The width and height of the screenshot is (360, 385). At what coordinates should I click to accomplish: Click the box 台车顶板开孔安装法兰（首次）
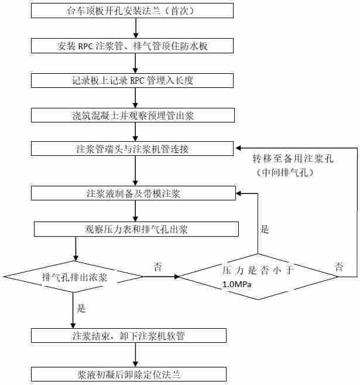pos(135,11)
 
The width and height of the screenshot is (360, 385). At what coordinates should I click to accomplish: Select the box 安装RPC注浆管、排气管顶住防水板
pos(135,46)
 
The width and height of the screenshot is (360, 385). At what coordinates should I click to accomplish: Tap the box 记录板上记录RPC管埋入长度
pos(135,80)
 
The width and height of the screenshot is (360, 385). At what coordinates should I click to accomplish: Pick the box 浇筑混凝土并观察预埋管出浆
pos(135,115)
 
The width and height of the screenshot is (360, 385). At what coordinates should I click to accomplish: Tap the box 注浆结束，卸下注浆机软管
pos(129,336)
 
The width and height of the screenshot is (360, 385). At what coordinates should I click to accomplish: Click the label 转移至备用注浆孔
pos(295,159)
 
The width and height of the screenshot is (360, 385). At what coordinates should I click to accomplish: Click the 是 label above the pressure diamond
pos(265,230)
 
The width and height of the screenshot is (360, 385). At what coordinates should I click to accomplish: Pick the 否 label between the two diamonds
pos(157,267)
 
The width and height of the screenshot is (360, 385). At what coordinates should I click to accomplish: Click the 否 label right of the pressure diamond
pos(339,267)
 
